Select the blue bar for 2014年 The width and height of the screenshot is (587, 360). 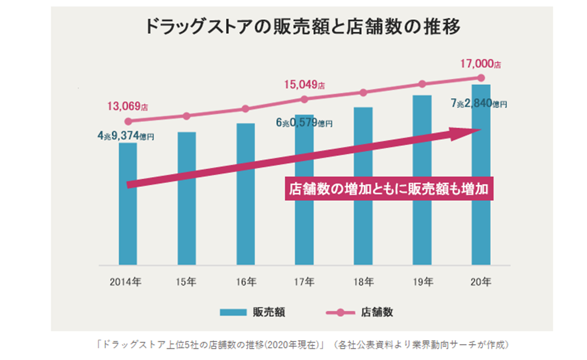128,212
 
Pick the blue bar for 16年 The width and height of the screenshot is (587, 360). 245,199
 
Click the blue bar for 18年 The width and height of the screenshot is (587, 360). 363,199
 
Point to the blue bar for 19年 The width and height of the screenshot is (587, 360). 422,192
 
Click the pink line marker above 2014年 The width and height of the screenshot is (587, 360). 128,121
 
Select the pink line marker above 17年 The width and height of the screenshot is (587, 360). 304,99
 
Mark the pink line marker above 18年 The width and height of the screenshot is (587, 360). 363,93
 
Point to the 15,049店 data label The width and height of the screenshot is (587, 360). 305,85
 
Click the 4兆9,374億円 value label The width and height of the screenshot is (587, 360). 125,136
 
